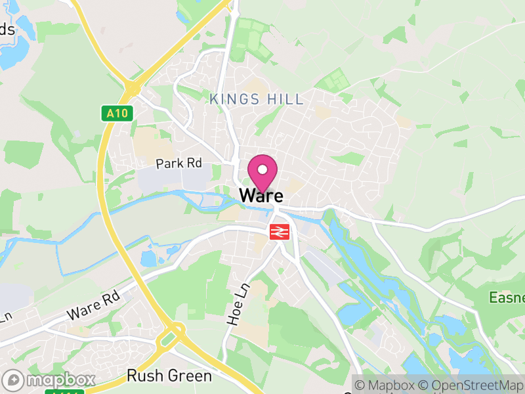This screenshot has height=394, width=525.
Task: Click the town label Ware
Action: [261, 196]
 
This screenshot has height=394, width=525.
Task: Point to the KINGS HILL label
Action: [257, 100]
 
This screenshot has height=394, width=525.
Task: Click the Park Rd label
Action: [178, 164]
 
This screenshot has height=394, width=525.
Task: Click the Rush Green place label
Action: [169, 376]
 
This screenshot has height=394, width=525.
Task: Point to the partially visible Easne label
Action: [507, 298]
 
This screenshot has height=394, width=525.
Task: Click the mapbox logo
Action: [49, 380]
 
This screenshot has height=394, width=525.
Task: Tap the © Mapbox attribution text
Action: [386, 384]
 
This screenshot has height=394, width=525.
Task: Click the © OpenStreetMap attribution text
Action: [471, 384]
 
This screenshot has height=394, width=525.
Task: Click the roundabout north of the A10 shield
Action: [133, 87]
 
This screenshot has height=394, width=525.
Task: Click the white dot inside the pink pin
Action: [262, 170]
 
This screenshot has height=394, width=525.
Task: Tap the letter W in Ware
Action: [247, 196]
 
